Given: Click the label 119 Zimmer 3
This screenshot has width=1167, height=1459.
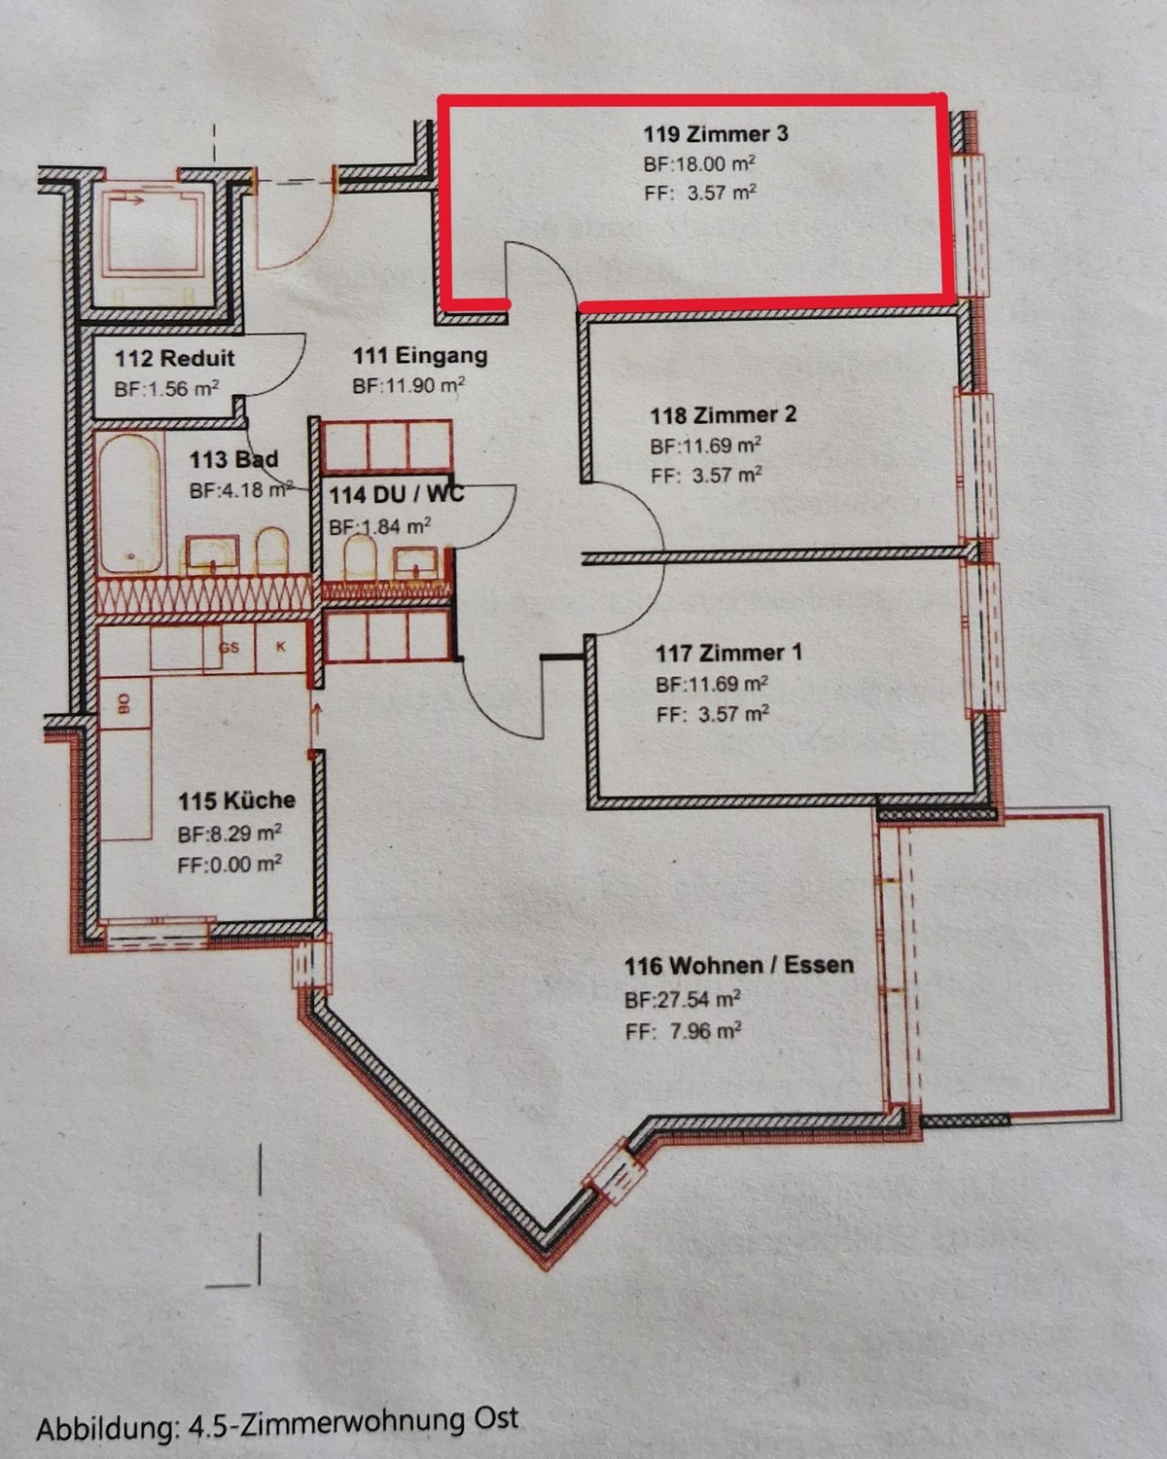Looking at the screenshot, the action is [x=716, y=133].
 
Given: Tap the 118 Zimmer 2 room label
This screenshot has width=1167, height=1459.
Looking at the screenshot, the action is [x=723, y=414].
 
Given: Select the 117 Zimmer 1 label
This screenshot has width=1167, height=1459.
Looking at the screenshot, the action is [x=729, y=653].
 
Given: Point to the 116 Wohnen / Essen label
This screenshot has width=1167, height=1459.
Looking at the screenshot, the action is [x=739, y=966].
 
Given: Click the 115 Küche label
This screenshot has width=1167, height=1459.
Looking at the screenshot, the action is [x=236, y=801].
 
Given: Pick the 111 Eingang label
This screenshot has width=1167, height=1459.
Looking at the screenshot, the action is [x=420, y=355].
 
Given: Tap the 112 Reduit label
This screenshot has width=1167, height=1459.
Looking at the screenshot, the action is [x=174, y=358].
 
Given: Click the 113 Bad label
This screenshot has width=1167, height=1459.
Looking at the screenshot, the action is [x=233, y=460].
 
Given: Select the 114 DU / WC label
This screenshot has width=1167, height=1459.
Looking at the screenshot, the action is [x=397, y=494].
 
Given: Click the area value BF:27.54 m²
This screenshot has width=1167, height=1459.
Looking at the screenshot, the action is [x=682, y=999].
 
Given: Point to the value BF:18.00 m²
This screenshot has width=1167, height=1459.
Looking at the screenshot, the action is [x=699, y=164].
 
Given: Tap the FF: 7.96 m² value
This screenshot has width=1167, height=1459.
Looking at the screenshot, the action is [x=684, y=1031].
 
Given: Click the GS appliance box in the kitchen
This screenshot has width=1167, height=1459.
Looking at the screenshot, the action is [x=230, y=648].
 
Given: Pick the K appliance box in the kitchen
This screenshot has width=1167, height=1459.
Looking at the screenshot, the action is [x=280, y=648].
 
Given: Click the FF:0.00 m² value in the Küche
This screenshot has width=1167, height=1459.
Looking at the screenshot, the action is [x=230, y=865].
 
